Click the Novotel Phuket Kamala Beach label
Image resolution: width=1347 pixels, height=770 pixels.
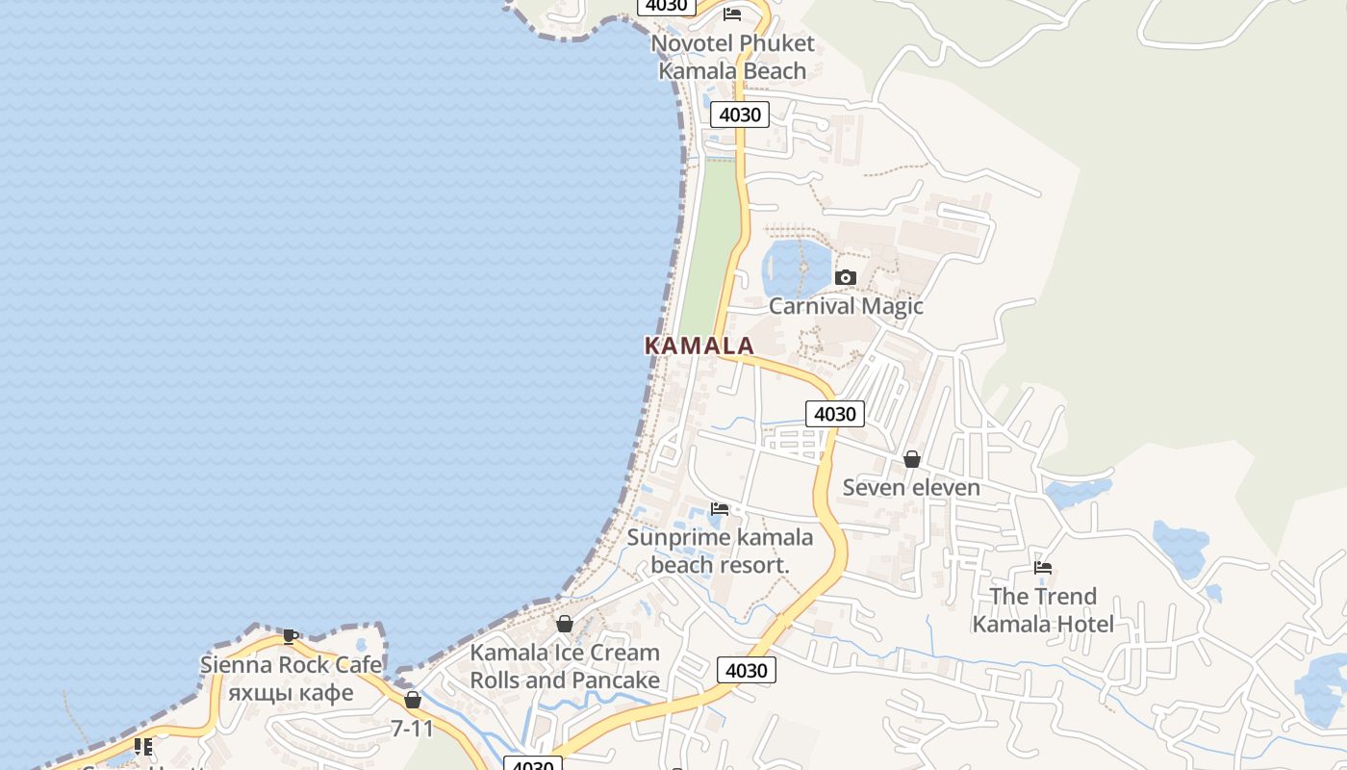pos(732,57)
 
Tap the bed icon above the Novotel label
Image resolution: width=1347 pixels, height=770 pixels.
pos(732,13)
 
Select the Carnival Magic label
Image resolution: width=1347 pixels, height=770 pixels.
pos(845,306)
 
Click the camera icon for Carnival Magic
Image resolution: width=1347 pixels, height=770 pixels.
pos(845,277)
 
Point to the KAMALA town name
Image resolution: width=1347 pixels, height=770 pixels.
pos(699,346)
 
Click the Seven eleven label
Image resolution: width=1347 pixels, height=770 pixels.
pos(911,487)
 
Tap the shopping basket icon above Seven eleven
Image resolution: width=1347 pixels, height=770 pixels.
pos(911,459)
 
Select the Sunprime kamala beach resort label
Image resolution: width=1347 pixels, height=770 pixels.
pos(720,552)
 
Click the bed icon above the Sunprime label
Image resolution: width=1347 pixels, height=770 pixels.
pos(720,508)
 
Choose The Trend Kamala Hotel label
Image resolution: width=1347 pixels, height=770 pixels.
pos(1043,610)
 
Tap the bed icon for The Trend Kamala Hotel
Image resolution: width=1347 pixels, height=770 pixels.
pos(1043,568)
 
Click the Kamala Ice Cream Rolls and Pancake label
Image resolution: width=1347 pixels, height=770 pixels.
pos(565,666)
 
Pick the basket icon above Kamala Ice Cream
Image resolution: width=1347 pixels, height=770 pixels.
pos(565,624)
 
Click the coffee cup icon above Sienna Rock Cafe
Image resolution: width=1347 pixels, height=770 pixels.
pos(291,636)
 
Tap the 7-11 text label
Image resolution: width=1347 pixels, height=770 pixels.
pos(413,729)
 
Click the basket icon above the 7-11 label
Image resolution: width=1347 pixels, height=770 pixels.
pos(413,700)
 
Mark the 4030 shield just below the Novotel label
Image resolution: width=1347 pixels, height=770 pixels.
pos(740,115)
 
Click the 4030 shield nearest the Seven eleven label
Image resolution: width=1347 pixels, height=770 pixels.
pos(834,414)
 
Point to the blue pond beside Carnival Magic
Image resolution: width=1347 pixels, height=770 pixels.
pos(795,269)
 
